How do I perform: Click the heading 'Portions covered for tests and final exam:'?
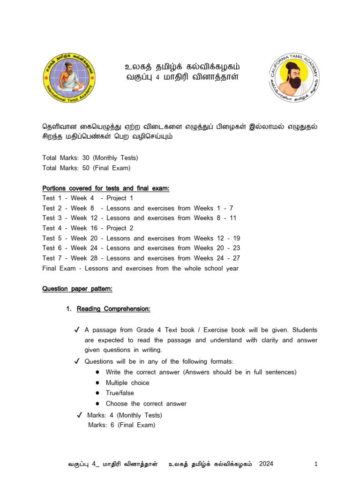(105, 188)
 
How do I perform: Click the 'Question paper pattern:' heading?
(77, 289)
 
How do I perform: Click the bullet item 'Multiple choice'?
(127, 382)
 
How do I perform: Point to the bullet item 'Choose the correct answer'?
(146, 404)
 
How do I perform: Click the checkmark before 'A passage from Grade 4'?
(77, 330)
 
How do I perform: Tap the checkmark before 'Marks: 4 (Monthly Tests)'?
(79, 415)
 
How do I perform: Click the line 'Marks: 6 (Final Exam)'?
(121, 425)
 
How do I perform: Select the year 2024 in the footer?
(265, 464)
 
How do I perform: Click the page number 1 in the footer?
(316, 464)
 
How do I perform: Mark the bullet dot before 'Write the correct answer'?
(97, 372)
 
